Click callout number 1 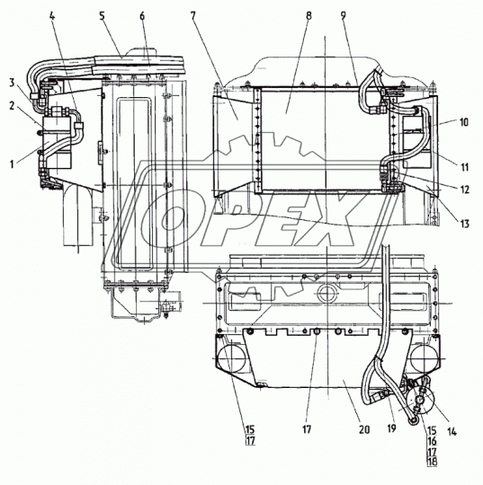coord(12,164)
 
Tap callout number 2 coord(12,106)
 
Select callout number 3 coord(12,83)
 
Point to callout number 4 coord(52,16)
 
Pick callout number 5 coord(103,16)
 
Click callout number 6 coord(142,16)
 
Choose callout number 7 coord(193,16)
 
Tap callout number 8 coord(309,16)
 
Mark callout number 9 coord(344,16)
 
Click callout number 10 coord(464,122)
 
